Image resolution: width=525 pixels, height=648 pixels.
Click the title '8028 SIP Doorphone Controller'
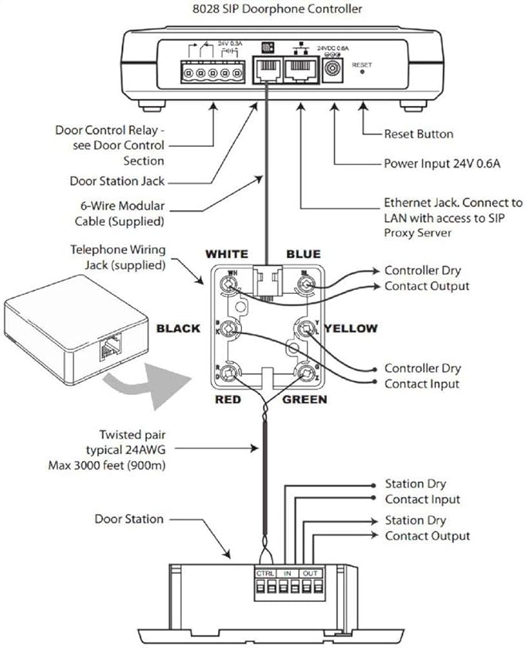click(262, 9)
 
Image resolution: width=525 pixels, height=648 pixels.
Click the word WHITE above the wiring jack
click(226, 254)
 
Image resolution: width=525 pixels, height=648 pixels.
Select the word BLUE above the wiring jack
click(303, 254)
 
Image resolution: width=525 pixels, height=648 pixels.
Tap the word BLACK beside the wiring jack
click(179, 329)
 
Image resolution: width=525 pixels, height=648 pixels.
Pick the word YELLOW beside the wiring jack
click(351, 329)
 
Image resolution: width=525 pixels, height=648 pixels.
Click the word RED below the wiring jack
click(229, 399)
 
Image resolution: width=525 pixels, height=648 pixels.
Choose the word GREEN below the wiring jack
click(305, 399)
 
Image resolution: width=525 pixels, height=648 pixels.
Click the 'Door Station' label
click(129, 519)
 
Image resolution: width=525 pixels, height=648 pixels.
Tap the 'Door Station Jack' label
click(118, 182)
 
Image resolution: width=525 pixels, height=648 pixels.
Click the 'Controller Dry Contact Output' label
click(427, 278)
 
